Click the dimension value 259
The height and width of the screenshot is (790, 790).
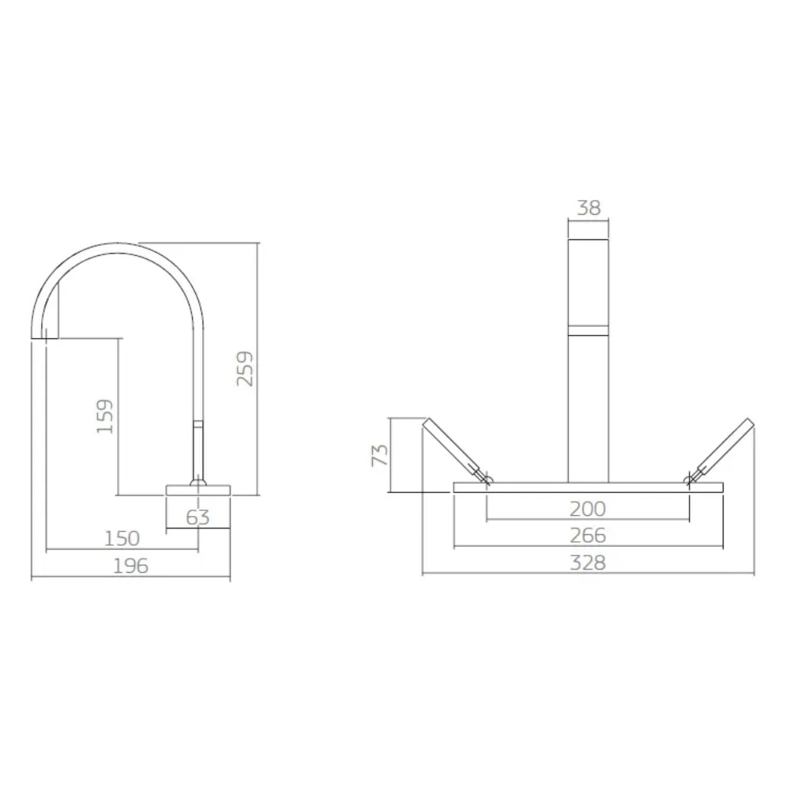(x=246, y=368)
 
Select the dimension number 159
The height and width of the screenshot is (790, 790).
(x=105, y=416)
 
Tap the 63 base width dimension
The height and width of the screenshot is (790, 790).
(x=197, y=517)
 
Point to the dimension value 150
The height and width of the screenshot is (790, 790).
(x=122, y=539)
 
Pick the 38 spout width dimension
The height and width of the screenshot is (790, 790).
(x=589, y=208)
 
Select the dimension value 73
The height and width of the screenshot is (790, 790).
(x=380, y=454)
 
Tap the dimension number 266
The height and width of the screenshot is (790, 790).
(x=588, y=536)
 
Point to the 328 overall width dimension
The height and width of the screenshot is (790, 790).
(x=588, y=562)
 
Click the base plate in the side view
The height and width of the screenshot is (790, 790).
(x=197, y=490)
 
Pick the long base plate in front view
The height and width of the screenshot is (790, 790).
(x=588, y=487)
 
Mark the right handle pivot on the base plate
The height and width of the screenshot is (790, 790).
(x=690, y=479)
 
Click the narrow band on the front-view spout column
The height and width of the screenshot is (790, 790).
(x=589, y=330)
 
